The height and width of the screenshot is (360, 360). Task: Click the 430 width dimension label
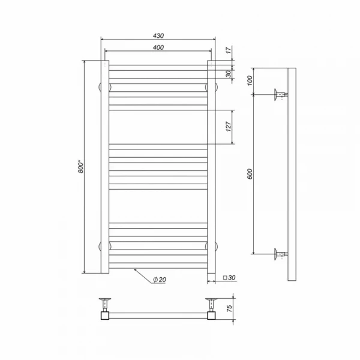coord(158,36)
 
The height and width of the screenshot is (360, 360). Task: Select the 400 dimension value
coord(158,47)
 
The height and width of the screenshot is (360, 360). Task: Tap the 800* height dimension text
coord(81,167)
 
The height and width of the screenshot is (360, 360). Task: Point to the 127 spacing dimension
coord(229,127)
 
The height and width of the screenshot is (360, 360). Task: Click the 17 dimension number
coord(229,50)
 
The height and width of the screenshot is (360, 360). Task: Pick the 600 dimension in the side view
coord(250,174)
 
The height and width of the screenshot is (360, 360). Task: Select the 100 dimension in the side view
coord(250,80)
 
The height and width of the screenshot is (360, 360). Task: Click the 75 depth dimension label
coord(229,308)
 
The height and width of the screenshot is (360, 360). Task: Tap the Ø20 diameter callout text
coord(160,280)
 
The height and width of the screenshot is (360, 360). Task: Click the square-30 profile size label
coord(229,278)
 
